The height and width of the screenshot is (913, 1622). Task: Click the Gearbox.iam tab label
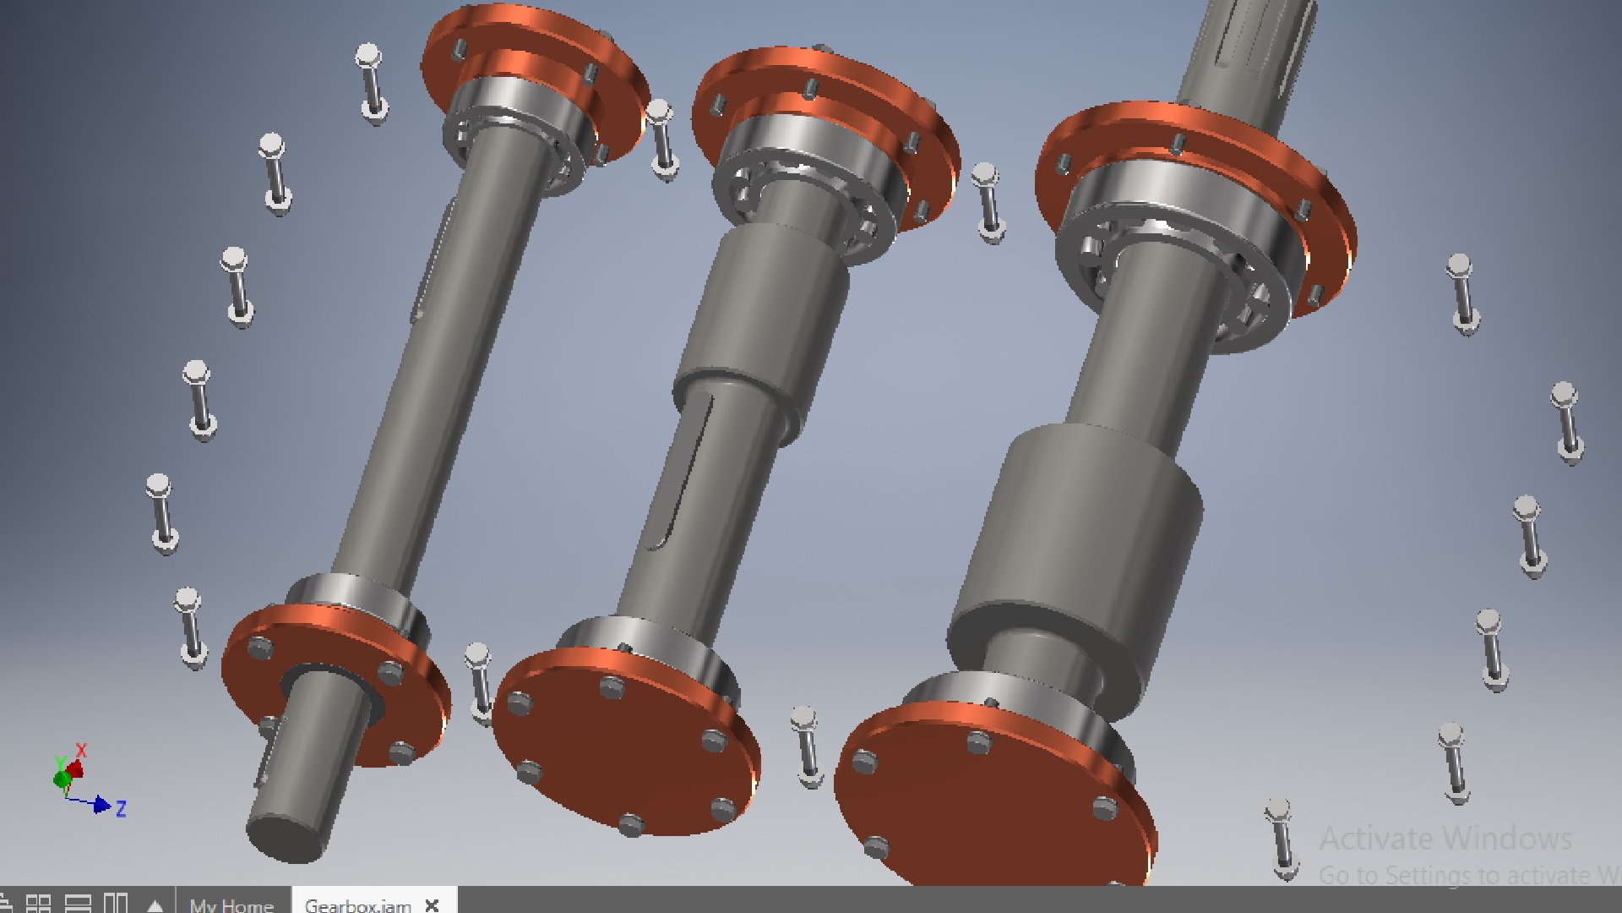click(x=357, y=905)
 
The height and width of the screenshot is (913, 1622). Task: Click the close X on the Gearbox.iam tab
click(x=432, y=905)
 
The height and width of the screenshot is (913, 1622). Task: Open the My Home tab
click(x=231, y=905)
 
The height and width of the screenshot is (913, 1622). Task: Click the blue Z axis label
click(x=121, y=809)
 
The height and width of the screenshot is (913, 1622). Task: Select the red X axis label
click(x=82, y=750)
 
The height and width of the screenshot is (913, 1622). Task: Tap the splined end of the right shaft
click(x=1250, y=51)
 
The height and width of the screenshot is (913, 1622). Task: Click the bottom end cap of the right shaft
click(x=988, y=803)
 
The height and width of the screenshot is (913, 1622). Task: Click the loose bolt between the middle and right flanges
click(x=987, y=203)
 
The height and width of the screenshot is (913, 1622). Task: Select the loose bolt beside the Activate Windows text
click(x=1282, y=837)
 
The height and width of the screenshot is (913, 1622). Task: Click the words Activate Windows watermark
click(x=1445, y=839)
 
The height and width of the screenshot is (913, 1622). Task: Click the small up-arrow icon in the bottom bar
click(x=155, y=905)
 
